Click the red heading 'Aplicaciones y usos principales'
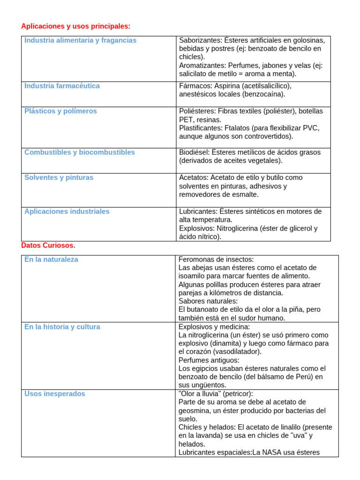[x=76, y=26]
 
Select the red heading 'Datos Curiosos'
[x=47, y=246]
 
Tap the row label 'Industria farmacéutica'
[x=62, y=86]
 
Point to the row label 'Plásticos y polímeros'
[x=60, y=111]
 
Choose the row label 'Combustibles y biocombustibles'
[x=79, y=152]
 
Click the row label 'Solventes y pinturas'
[x=59, y=178]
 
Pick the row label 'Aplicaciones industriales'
[x=67, y=211]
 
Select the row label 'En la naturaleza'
[x=51, y=259]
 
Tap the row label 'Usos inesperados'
[x=55, y=394]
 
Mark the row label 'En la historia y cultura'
[x=62, y=327]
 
